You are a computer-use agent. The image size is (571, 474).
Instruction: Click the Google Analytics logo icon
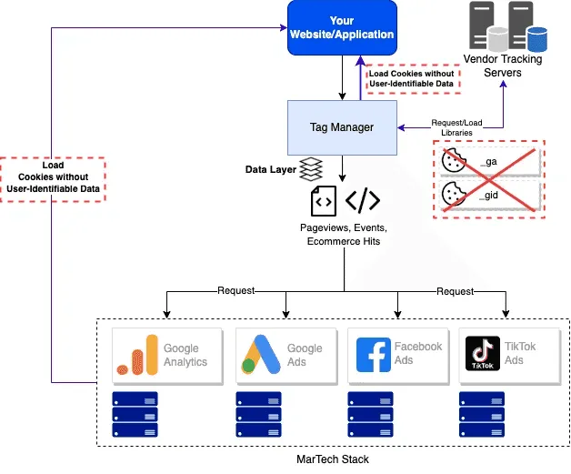[x=137, y=355]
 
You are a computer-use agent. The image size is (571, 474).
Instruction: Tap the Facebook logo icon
[x=373, y=355]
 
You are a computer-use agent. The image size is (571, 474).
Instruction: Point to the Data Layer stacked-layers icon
[x=312, y=169]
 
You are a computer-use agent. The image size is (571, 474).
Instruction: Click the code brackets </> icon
[x=363, y=200]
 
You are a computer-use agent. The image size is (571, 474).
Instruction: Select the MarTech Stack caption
[x=333, y=459]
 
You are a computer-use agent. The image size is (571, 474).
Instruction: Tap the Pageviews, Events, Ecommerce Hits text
[x=343, y=234]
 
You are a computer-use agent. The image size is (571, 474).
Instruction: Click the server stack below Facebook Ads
[x=370, y=415]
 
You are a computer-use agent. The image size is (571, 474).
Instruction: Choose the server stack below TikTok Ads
[x=482, y=415]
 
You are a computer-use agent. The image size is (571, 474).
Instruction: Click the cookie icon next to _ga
[x=452, y=161]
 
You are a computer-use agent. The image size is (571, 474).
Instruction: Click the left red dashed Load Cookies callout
[x=53, y=179]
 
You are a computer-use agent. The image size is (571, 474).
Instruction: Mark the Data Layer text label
[x=270, y=170]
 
